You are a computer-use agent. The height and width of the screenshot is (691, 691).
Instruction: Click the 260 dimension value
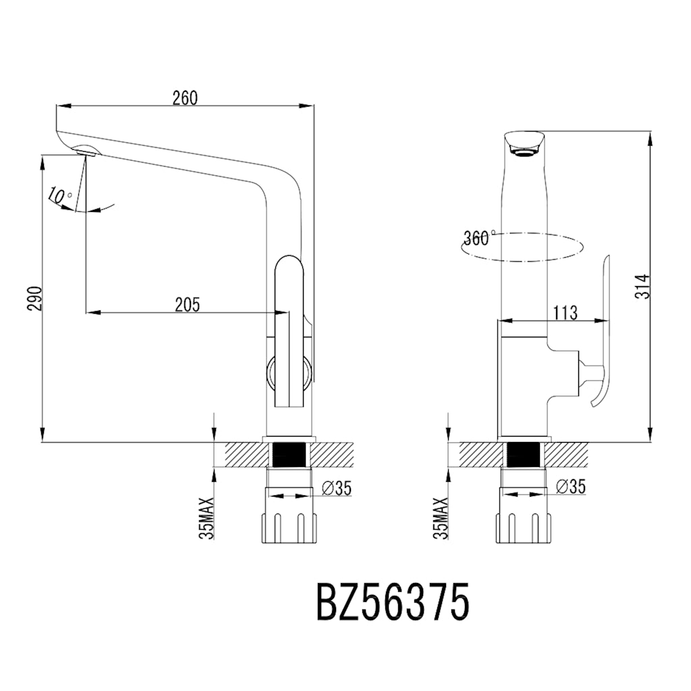coord(184,98)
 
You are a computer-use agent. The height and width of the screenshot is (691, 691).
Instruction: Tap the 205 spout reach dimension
coord(187,305)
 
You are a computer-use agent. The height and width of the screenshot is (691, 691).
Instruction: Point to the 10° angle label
coord(60,196)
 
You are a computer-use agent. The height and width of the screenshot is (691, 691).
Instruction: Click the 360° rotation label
coord(479,238)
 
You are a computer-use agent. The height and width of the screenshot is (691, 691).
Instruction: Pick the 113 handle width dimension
coord(565,312)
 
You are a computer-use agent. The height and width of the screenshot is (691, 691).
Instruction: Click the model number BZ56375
coord(392,602)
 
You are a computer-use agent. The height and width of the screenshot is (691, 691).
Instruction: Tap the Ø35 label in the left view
coord(337,488)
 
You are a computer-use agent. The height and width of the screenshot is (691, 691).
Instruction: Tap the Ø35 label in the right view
coord(571,487)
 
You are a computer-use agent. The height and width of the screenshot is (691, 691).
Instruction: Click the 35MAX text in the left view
coord(206,518)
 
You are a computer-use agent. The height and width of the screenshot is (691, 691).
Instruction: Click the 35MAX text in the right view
coord(441,518)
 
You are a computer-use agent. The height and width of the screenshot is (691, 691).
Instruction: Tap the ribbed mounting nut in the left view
coord(289,526)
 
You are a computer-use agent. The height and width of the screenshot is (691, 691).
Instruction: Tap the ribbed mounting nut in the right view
coord(524,526)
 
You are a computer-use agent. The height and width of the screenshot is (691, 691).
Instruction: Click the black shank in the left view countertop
coord(289,454)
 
